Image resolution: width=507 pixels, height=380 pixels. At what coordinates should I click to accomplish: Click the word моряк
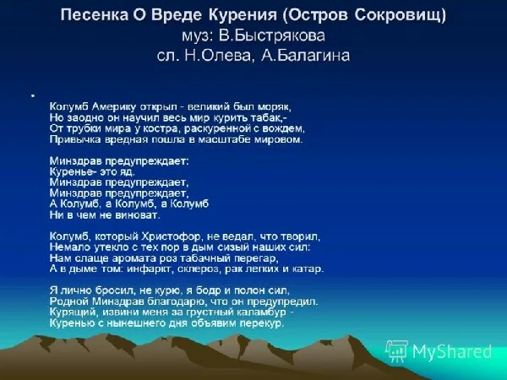point(275,106)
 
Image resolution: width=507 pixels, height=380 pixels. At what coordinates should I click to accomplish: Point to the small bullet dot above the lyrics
point(32,93)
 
